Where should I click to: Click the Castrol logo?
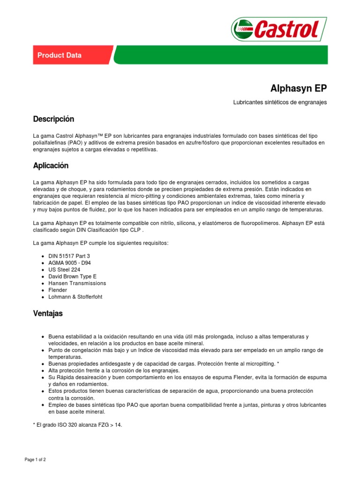278,29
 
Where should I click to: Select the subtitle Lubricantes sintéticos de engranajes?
280,102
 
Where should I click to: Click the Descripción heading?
54,119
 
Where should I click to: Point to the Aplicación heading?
51,165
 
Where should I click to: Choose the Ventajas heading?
48,313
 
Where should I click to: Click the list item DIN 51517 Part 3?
69,256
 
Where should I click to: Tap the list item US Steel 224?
64,270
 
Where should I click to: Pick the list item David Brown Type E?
72,277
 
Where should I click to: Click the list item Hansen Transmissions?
77,283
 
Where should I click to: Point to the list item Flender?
58,290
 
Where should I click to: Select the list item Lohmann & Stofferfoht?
75,297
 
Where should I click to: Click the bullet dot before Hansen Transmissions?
43,284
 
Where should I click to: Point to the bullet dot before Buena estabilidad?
43,337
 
